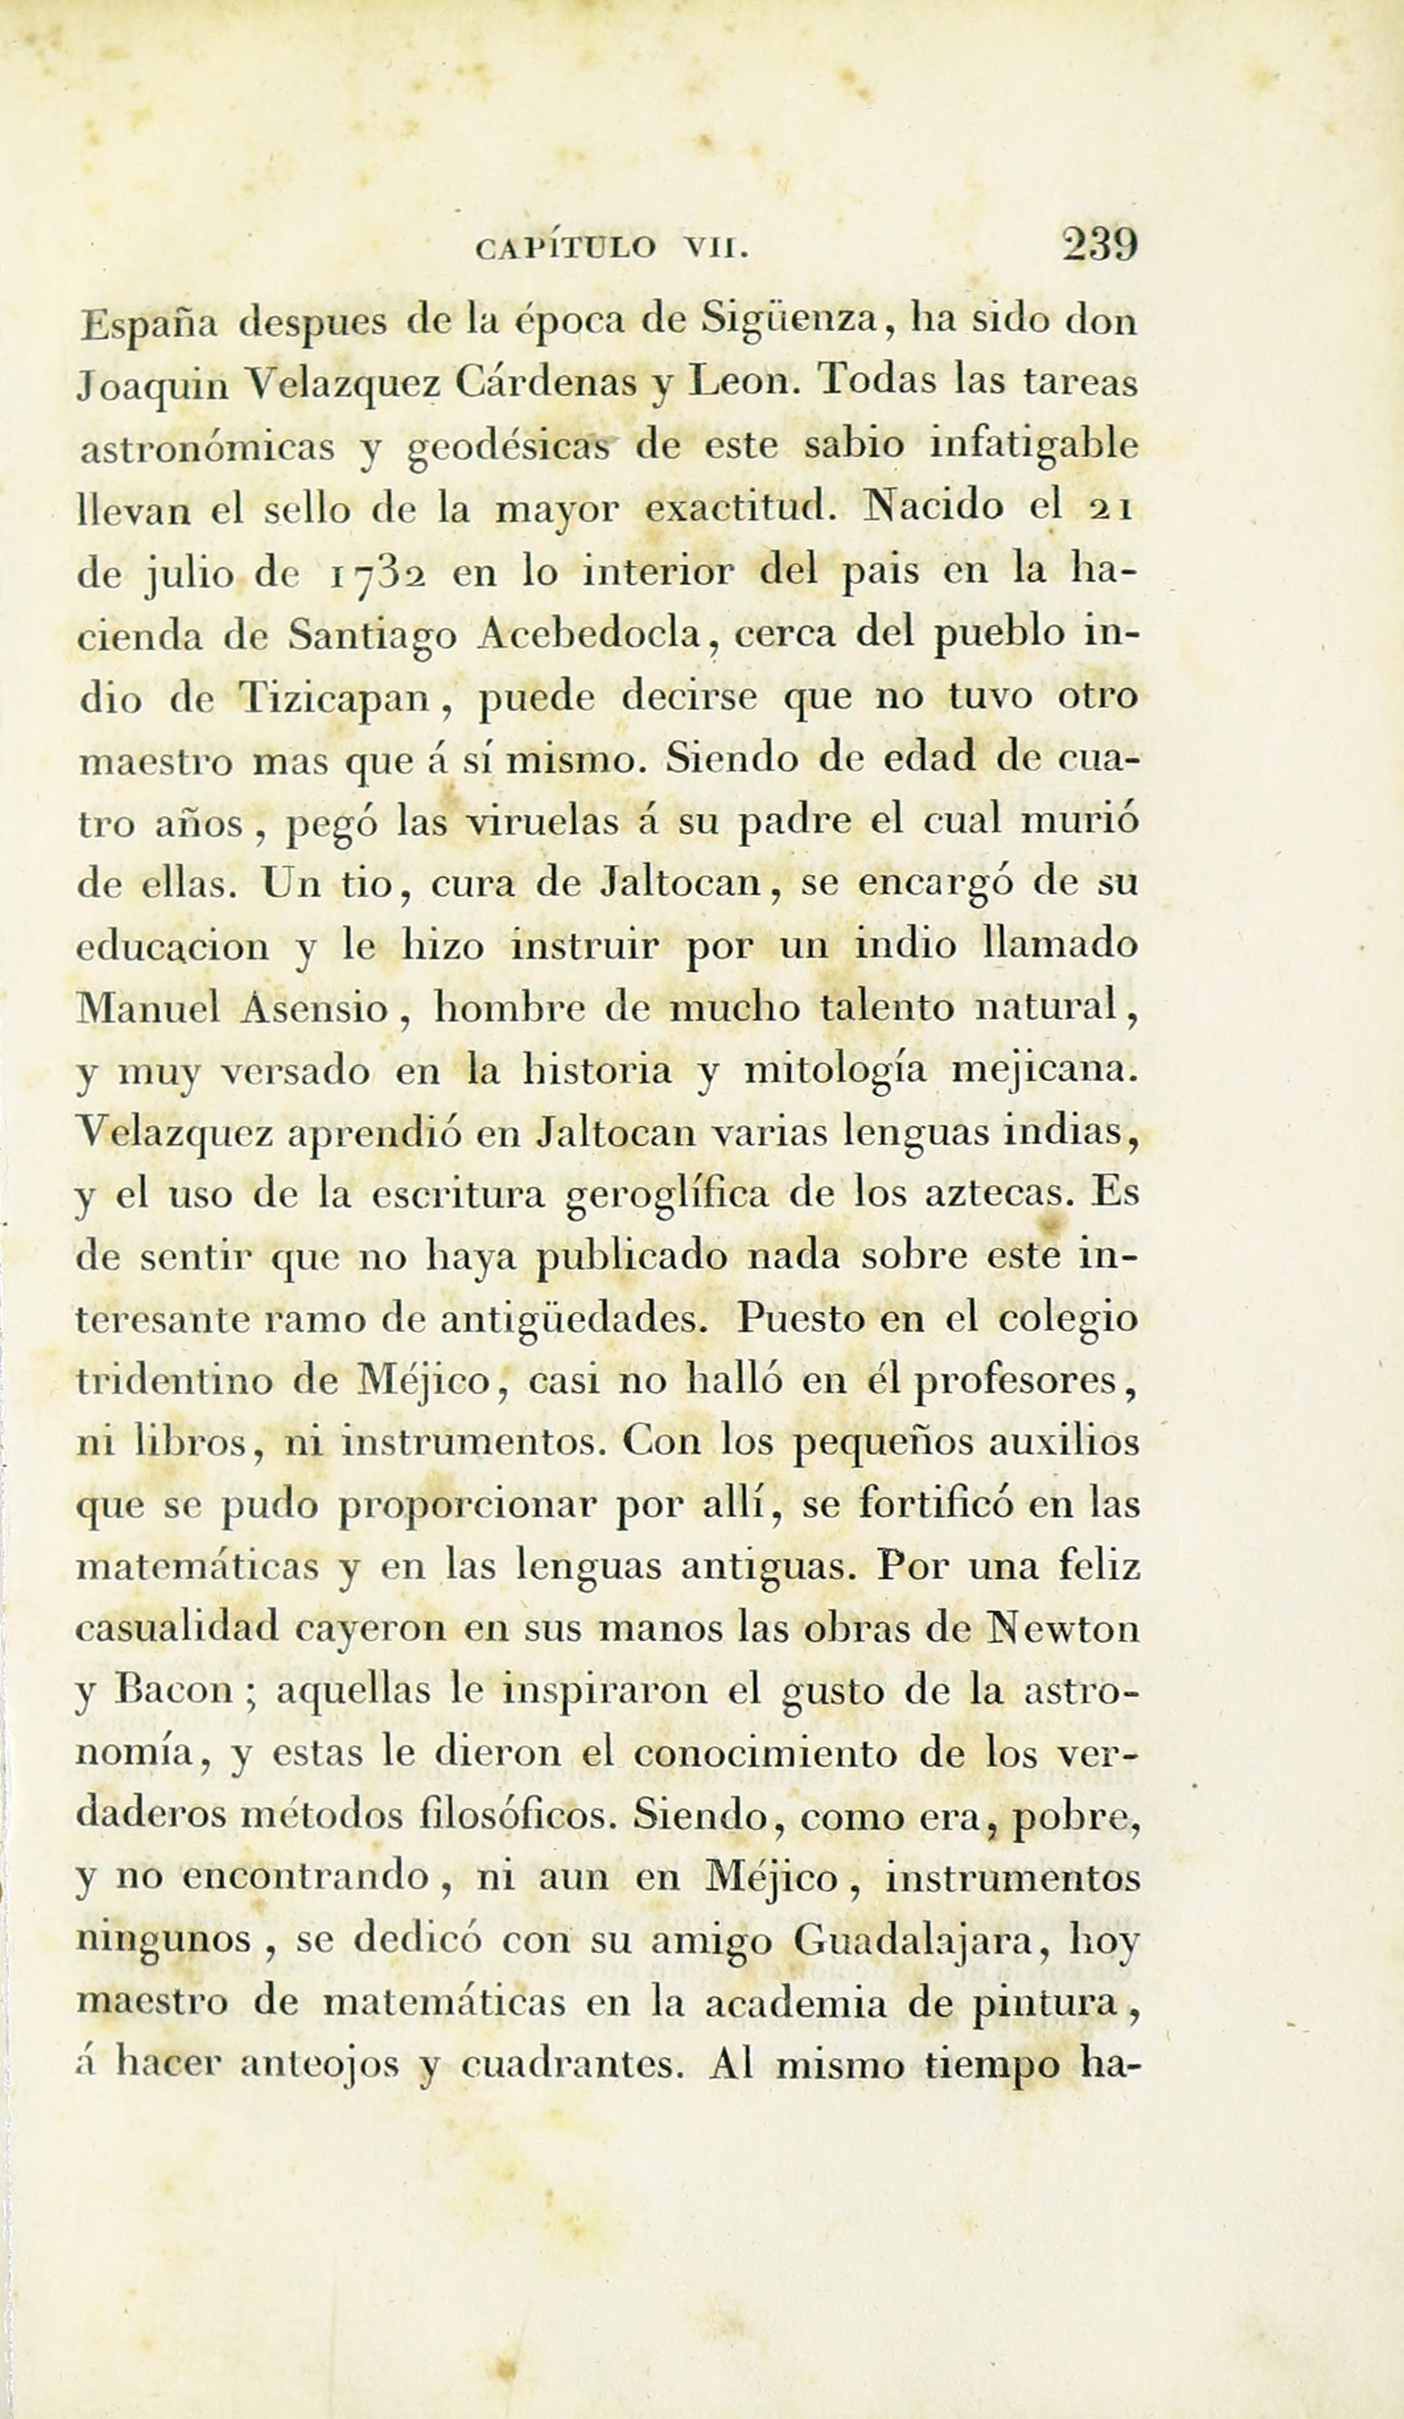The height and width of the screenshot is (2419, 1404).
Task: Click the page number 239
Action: point(1099,246)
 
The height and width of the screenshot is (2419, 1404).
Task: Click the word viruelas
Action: point(538,823)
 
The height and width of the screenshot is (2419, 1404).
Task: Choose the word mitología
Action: point(835,1071)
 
